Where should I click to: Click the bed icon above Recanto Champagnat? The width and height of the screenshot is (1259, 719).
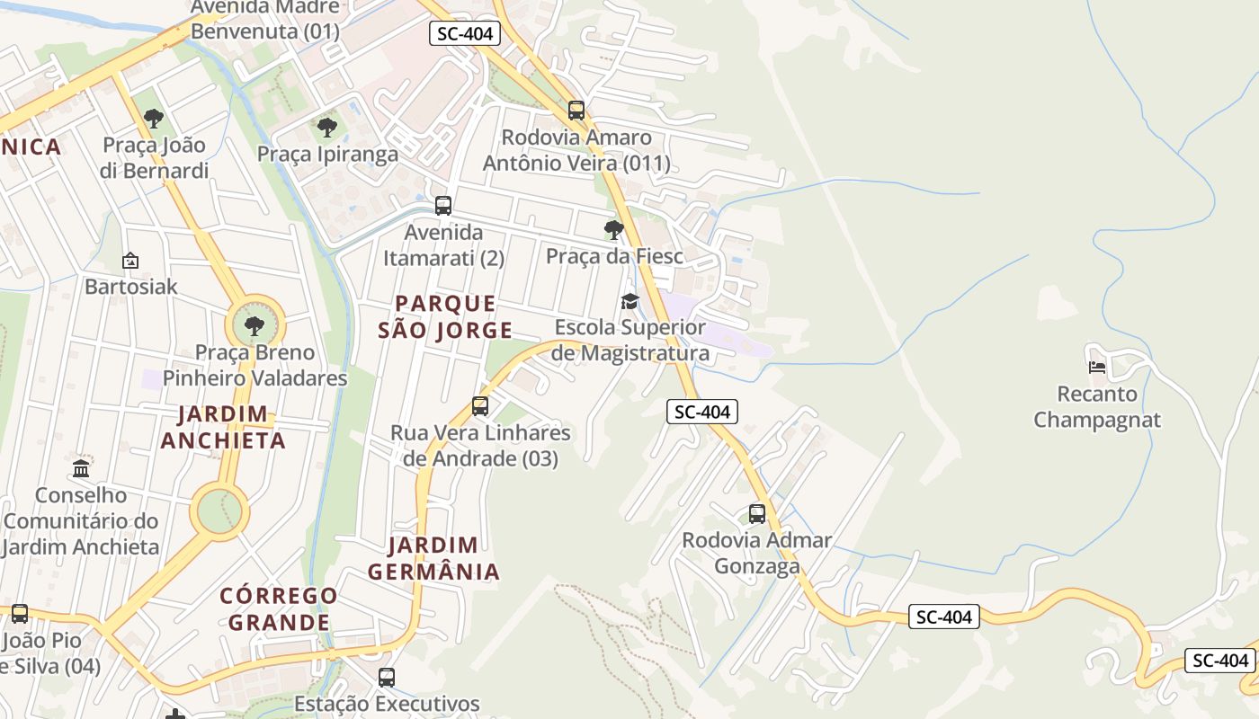[1097, 367]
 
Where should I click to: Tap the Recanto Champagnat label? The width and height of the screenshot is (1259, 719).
[1097, 407]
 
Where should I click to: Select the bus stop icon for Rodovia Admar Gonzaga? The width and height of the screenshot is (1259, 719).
[757, 514]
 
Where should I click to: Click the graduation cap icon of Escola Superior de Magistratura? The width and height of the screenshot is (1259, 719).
[629, 301]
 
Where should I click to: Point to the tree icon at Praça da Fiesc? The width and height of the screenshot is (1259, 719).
[614, 230]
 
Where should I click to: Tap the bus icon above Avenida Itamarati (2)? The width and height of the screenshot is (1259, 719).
[442, 206]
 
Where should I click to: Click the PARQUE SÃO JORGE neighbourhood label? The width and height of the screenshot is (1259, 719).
[445, 317]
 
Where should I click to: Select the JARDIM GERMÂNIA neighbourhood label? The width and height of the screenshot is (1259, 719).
[433, 558]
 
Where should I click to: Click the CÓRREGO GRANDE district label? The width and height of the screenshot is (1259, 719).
[279, 608]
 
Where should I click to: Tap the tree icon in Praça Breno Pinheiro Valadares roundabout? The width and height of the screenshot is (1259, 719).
[255, 325]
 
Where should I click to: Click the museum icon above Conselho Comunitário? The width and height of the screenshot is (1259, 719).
[81, 468]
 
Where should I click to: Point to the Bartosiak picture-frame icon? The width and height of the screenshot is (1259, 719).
[130, 262]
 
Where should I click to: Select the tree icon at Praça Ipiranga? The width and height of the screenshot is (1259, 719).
[327, 128]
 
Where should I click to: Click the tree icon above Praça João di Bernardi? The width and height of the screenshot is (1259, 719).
[154, 118]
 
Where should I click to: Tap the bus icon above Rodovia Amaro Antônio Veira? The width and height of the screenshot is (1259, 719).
[576, 111]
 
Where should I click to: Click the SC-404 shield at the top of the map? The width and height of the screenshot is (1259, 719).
[464, 34]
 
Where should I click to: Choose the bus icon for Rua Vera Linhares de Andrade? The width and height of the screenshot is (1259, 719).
[480, 406]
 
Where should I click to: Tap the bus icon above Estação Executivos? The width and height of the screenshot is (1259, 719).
[387, 678]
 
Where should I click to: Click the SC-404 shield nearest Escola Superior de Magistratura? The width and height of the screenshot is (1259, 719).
[702, 412]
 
